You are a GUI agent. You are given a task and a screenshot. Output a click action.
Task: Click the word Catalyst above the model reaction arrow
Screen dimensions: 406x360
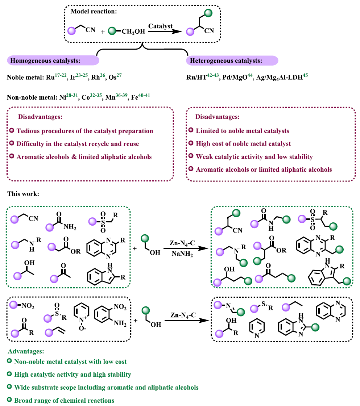coord(160,26)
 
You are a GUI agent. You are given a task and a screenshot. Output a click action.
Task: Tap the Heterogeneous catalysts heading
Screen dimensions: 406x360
coord(225,60)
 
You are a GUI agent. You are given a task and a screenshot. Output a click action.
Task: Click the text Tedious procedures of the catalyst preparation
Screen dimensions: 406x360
coord(85,131)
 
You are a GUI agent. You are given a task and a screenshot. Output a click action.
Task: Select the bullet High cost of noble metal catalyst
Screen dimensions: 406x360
coord(243,143)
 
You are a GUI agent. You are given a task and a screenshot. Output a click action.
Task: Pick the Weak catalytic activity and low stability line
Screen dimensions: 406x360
coord(254,156)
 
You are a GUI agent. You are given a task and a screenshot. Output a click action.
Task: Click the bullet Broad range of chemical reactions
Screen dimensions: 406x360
coord(64,400)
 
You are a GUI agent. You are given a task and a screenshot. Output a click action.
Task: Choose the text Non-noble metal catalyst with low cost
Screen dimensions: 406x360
coord(70,361)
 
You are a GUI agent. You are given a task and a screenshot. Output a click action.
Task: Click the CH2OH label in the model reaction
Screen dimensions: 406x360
coord(133,32)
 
